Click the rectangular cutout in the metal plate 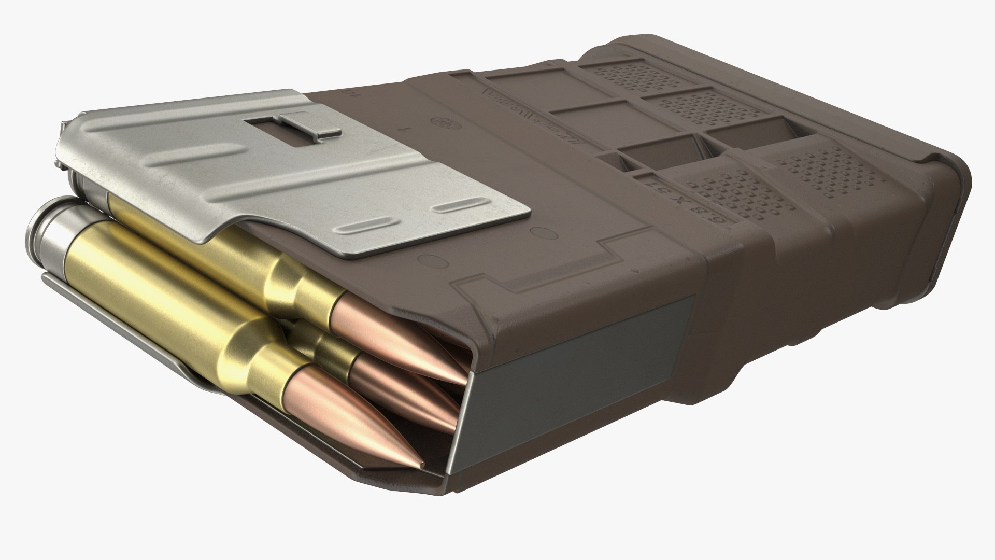(269, 125)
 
